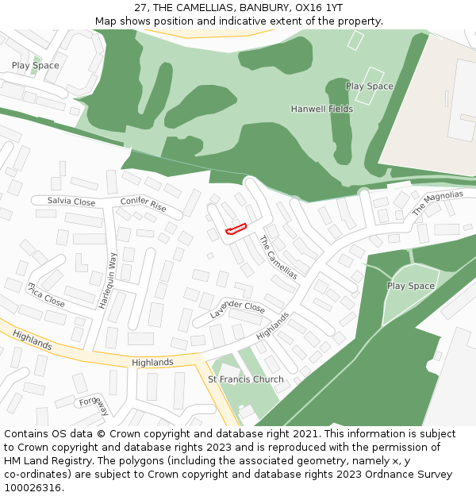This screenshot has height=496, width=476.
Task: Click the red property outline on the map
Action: click(x=236, y=229)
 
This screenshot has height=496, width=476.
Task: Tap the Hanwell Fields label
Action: click(x=321, y=109)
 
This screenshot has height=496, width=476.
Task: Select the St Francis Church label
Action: click(x=245, y=379)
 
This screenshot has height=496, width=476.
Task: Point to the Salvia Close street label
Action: click(x=71, y=202)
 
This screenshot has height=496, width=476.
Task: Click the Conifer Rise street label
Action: click(x=144, y=204)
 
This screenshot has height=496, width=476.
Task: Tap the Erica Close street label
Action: click(x=46, y=294)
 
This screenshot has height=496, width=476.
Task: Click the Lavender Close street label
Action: click(x=237, y=310)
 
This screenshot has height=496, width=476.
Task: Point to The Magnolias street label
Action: click(x=437, y=203)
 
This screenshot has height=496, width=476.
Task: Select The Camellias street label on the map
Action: click(x=278, y=257)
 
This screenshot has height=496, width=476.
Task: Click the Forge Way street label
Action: click(x=94, y=405)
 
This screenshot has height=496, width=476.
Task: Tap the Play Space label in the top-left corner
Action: click(x=35, y=65)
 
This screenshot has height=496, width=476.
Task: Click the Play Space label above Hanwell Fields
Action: click(x=369, y=86)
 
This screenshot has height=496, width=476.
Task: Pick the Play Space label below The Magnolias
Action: click(x=410, y=286)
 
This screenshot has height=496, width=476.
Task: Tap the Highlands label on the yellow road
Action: click(x=152, y=363)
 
